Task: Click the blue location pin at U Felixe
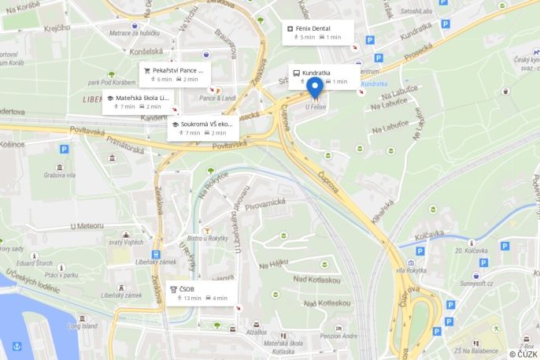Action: pos(316,87)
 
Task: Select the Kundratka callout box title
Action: pos(316,72)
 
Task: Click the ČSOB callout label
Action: pos(187,289)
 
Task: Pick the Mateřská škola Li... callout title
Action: pos(142,98)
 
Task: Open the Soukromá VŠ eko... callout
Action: pos(206,124)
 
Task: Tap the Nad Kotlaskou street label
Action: pos(316,280)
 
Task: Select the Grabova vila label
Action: pos(59,175)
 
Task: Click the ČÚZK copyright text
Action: pos(523,354)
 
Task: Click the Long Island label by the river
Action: pos(82,325)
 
